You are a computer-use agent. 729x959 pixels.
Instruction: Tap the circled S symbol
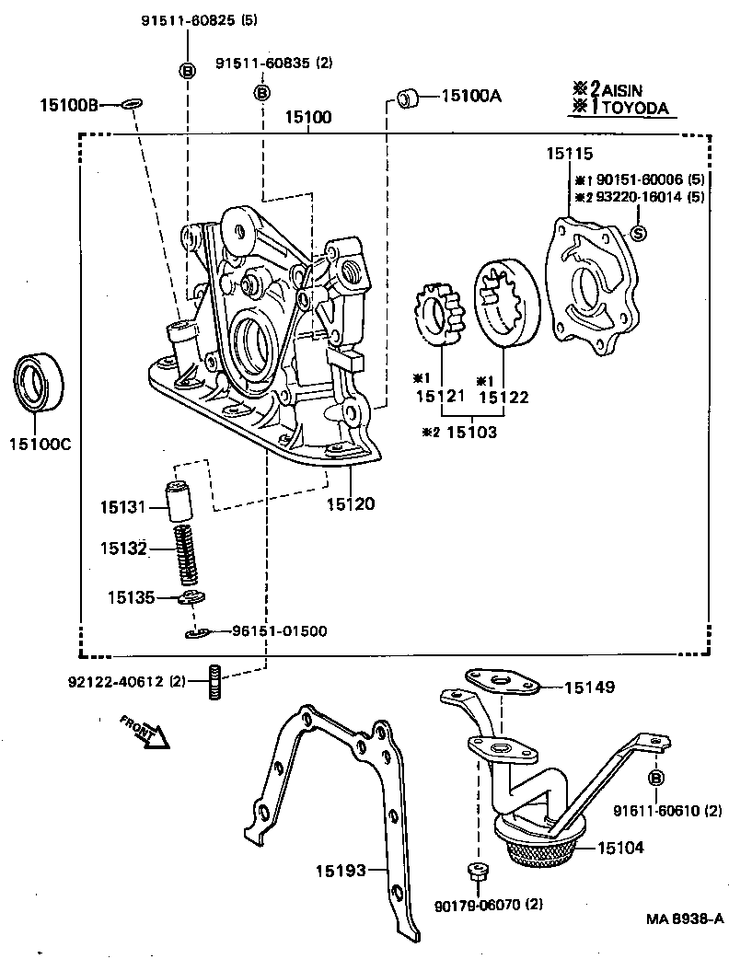[x=640, y=234]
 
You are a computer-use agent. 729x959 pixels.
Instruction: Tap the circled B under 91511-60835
[x=261, y=92]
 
